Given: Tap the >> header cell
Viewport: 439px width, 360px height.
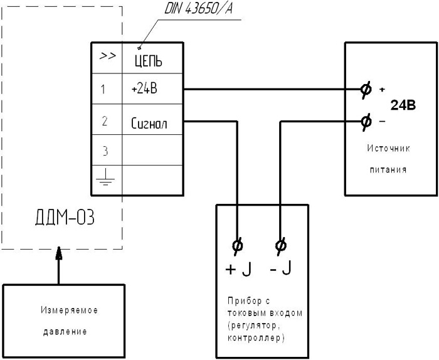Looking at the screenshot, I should click(107, 56).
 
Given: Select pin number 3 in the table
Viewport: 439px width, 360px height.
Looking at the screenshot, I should click(104, 151).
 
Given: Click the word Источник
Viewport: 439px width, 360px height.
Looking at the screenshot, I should click(389, 149).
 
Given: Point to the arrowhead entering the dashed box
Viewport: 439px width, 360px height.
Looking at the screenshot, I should click(60, 253).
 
